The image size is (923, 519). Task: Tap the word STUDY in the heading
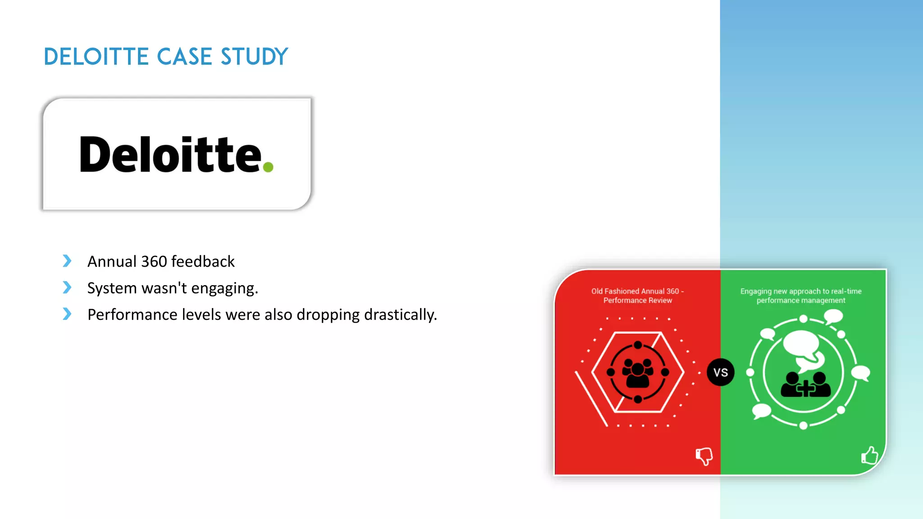point(254,57)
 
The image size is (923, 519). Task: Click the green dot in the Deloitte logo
point(268,167)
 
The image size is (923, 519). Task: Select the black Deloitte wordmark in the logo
point(170,155)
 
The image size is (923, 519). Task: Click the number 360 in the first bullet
point(154,261)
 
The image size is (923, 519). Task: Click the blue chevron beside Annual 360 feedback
point(67,261)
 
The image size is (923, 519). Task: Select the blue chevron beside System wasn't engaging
point(67,287)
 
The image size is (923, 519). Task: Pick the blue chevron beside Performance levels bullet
point(67,314)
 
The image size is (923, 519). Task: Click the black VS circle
point(720,373)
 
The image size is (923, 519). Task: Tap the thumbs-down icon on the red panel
point(704,456)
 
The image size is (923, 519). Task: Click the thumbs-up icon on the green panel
point(869,455)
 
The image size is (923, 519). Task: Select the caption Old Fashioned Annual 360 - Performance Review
point(637,296)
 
